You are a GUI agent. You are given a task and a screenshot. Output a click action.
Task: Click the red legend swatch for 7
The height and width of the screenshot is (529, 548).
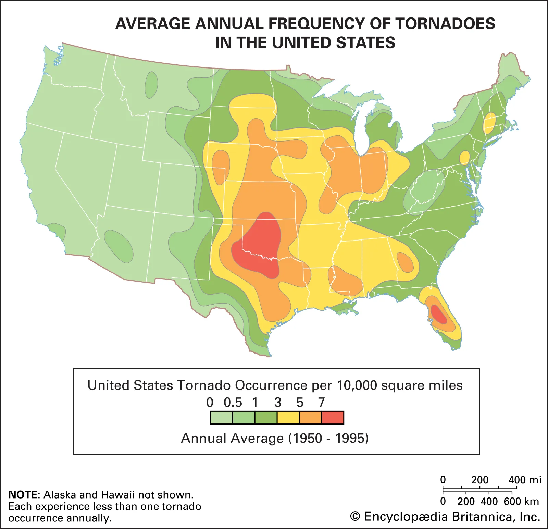tap(333, 418)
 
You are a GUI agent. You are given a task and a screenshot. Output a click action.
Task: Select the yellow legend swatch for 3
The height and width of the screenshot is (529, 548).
tap(288, 418)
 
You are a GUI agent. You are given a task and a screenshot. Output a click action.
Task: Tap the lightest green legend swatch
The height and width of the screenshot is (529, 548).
tap(221, 418)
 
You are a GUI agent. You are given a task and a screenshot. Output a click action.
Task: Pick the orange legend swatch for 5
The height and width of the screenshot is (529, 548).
tap(310, 418)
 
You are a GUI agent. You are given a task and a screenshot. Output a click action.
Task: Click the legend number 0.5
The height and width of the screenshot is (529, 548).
tap(233, 402)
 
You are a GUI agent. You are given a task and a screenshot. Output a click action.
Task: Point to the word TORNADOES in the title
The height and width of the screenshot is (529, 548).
tap(445, 24)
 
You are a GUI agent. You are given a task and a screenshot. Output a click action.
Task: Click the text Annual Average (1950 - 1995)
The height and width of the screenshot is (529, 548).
tap(275, 438)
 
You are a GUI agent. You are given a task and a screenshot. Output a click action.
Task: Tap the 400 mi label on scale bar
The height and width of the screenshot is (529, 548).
tap(524, 480)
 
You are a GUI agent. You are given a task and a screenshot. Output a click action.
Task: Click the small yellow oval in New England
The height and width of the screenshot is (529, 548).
tap(489, 123)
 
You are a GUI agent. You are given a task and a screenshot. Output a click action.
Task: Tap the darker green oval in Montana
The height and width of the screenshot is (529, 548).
tap(151, 85)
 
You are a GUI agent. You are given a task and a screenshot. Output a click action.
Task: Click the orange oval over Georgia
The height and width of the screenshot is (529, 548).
tap(405, 262)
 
